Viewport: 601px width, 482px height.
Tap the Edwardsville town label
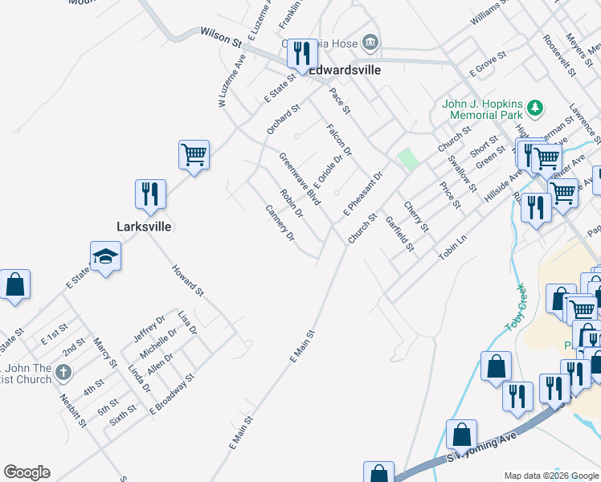click(345, 70)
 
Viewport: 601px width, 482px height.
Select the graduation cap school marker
click(105, 258)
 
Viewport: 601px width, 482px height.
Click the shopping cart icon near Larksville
click(194, 154)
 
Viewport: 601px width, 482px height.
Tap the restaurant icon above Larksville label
click(150, 194)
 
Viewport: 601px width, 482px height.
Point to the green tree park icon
click(534, 108)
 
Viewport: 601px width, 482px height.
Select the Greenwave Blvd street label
click(300, 179)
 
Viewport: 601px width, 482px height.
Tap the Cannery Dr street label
click(280, 223)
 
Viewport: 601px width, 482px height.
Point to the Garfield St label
click(399, 233)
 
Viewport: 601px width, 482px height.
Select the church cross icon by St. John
click(64, 373)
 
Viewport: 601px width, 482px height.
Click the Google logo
click(27, 472)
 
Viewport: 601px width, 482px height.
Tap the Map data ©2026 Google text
click(550, 476)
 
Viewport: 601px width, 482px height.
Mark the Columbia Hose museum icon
click(370, 41)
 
